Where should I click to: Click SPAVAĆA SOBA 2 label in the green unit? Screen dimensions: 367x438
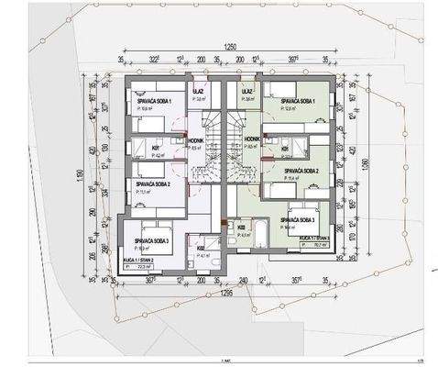(300, 170)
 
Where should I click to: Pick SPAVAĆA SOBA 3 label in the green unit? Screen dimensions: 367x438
(300, 219)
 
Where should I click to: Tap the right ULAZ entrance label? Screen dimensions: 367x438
(246, 92)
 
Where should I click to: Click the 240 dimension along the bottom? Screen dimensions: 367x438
(243, 282)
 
